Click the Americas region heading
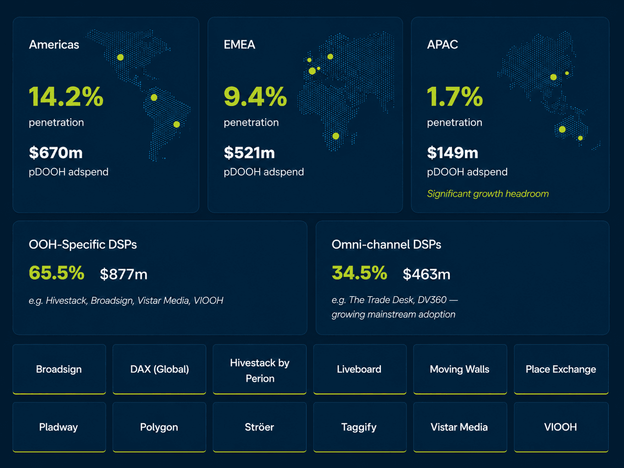tap(54, 45)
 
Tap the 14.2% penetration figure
tap(66, 97)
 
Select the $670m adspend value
tap(56, 153)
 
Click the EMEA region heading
tap(239, 45)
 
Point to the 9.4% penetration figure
tap(255, 97)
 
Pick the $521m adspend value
tap(250, 153)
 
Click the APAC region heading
tap(442, 45)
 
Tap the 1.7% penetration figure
tap(455, 97)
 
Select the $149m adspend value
tap(452, 153)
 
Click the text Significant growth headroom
tap(488, 194)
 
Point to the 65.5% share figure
tap(56, 273)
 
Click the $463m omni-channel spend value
tap(427, 274)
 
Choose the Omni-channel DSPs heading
tap(387, 245)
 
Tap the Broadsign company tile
tap(59, 369)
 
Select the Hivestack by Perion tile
tap(259, 369)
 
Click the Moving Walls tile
tap(460, 369)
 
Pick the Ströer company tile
tap(259, 427)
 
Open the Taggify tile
tap(359, 427)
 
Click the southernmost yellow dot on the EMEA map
tap(336, 136)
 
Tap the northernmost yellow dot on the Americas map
tap(120, 57)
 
